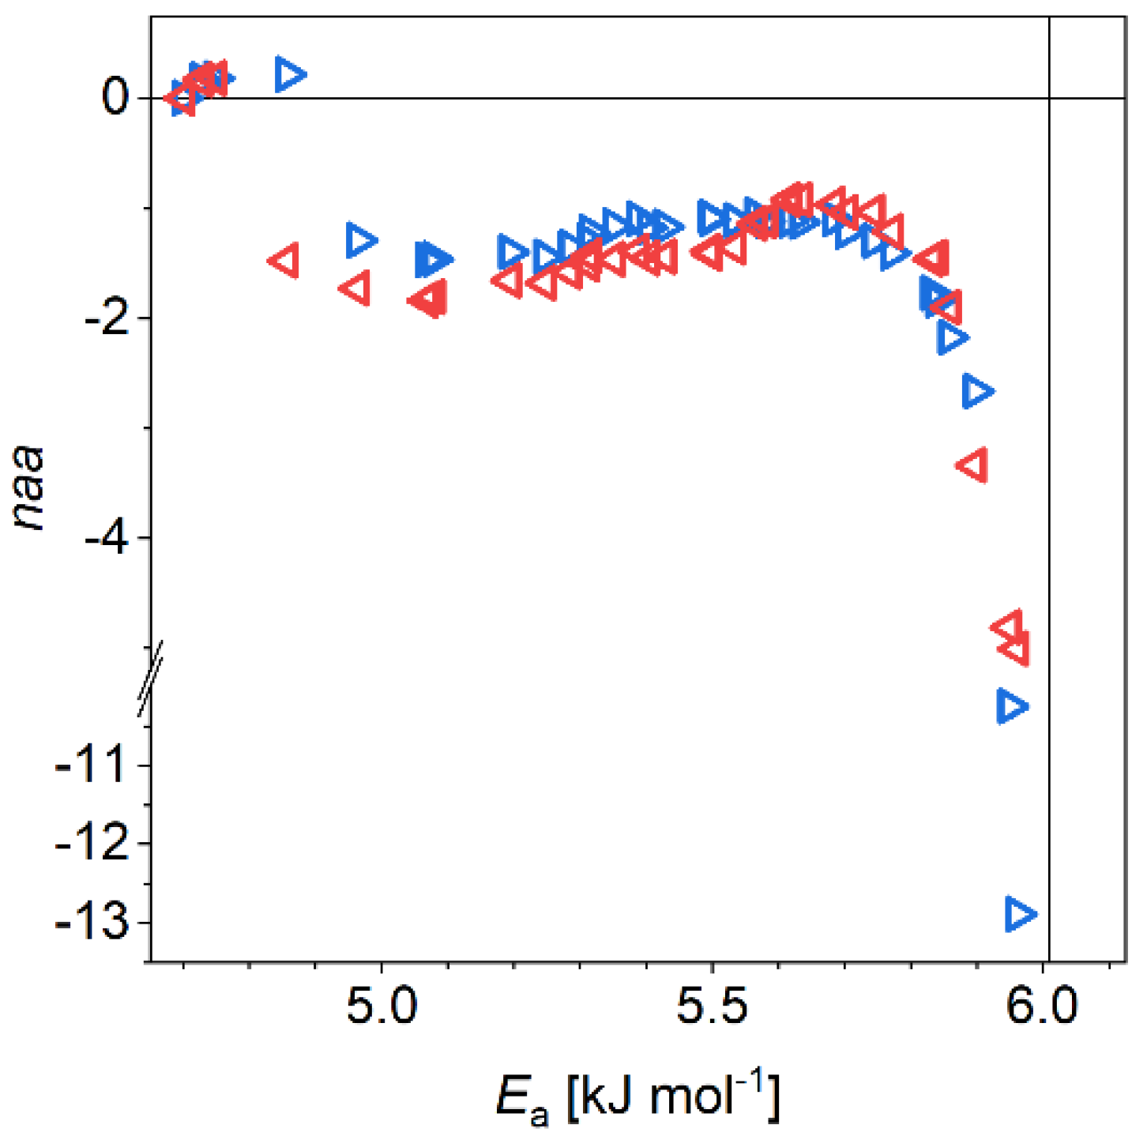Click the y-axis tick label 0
tap(115, 98)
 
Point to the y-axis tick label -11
tap(92, 765)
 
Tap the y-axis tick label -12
tap(92, 844)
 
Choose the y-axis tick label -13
tap(92, 922)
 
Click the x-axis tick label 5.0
tap(382, 1007)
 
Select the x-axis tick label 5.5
tap(713, 1007)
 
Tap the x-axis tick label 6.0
tap(1044, 1007)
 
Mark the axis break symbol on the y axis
tap(150, 679)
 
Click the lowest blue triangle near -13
tap(1020, 914)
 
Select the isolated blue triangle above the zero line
tap(290, 74)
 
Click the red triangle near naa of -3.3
tap(973, 465)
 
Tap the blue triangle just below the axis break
tap(1011, 705)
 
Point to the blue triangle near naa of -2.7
tap(977, 391)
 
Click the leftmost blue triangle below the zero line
tap(361, 239)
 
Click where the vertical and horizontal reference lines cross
tap(1049, 98)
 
